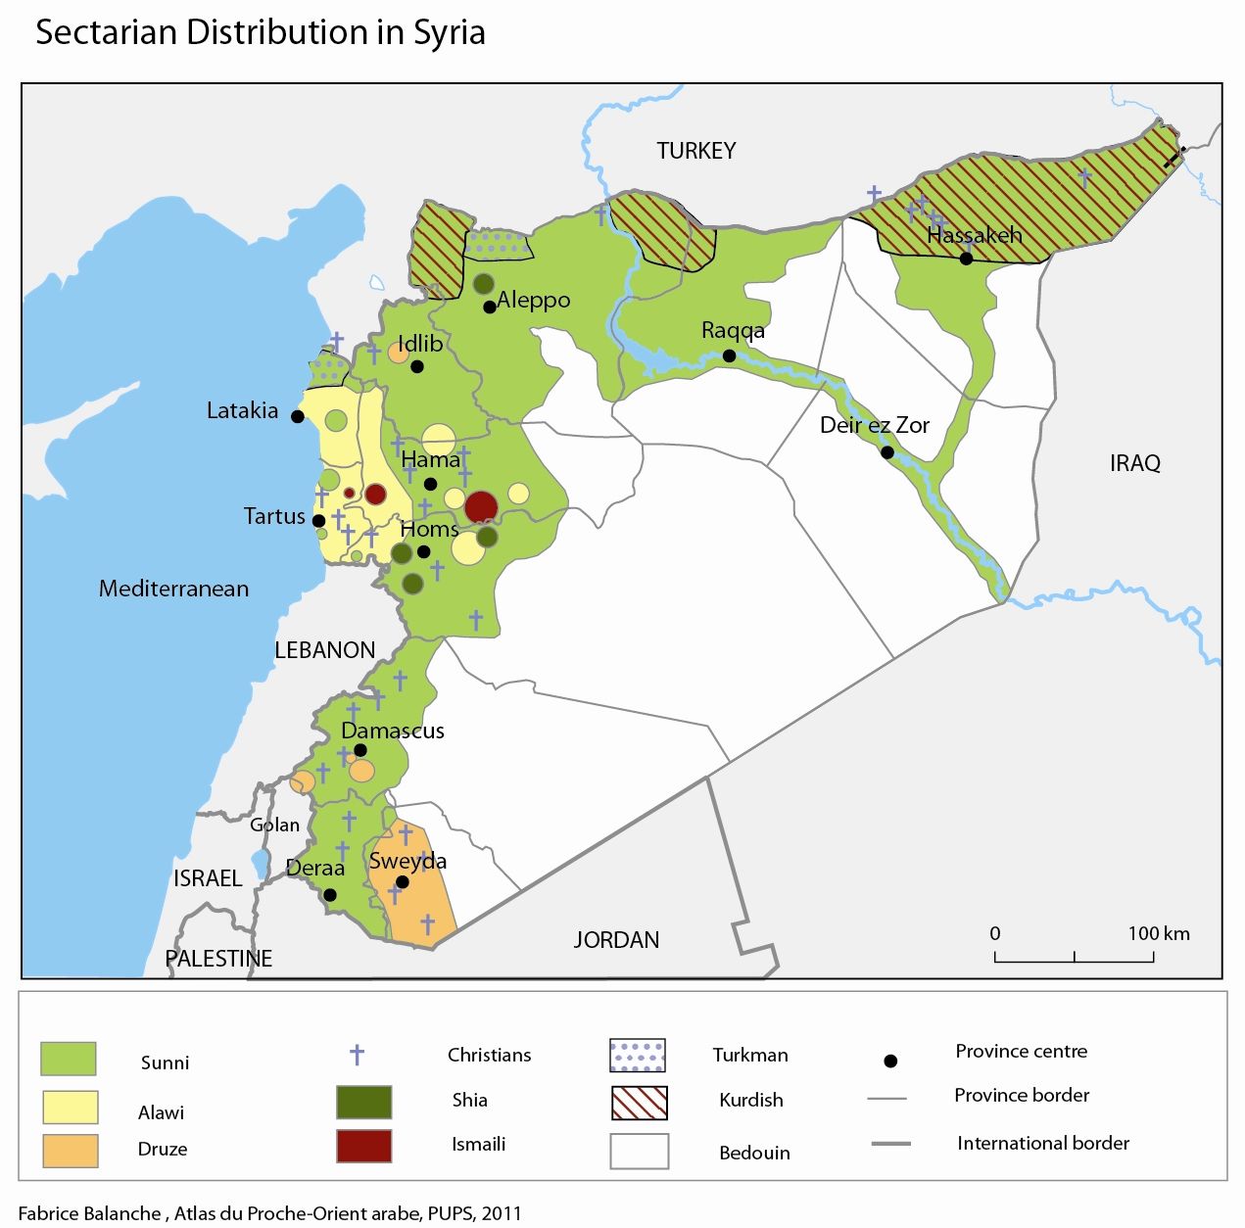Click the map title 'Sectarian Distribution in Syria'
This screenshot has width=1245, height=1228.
261,32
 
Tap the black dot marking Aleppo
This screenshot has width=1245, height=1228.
490,307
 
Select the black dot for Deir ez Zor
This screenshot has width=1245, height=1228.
886,452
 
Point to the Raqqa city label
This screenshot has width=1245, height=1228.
733,331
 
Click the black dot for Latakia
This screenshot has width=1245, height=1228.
298,416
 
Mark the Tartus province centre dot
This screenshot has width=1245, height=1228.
318,521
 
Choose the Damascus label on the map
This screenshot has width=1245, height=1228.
393,731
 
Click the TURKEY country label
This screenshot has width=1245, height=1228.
695,151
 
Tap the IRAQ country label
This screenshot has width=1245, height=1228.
1134,463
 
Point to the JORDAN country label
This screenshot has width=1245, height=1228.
616,940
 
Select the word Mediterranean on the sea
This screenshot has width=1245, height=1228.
173,589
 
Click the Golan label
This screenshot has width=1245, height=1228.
274,825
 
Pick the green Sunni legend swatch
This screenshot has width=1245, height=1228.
69,1059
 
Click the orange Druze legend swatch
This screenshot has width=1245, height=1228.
71,1151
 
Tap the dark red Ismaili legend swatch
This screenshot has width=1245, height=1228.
363,1146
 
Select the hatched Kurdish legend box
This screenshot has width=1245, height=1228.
639,1103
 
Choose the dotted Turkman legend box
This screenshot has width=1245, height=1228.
638,1056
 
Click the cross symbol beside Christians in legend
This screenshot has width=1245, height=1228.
358,1055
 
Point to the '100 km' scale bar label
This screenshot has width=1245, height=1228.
1158,933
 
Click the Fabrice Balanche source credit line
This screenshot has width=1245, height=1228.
270,1213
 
